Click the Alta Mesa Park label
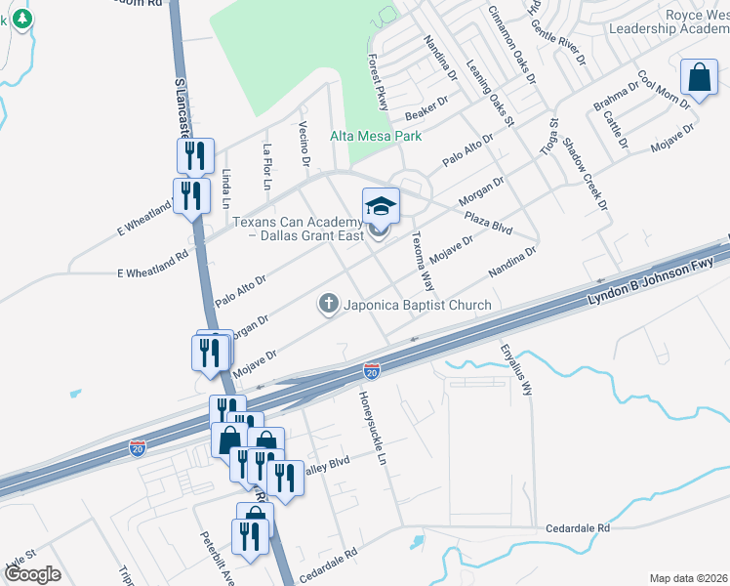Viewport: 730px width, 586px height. point(376,136)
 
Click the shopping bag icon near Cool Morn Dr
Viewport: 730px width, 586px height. point(700,77)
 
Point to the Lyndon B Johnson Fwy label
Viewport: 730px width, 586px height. point(648,280)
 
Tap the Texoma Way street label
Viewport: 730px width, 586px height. point(422,261)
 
